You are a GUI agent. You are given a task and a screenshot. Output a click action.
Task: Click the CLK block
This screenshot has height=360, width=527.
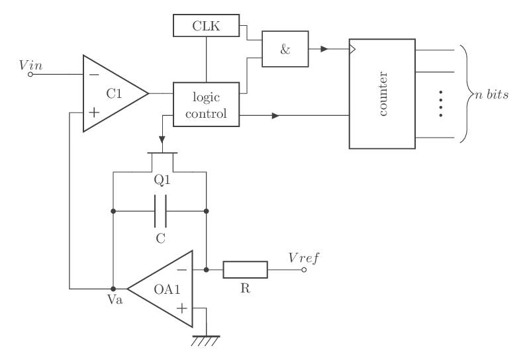tap(206, 26)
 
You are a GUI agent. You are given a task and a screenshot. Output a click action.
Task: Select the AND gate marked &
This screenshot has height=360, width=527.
tap(285, 50)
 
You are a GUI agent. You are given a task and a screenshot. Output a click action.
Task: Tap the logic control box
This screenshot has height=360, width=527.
tap(206, 105)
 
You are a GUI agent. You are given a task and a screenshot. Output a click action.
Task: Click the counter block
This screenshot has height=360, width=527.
tap(382, 93)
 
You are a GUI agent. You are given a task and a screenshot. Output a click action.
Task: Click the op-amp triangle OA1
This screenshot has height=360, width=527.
tap(163, 288)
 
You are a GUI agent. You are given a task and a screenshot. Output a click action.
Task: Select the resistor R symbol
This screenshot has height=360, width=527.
tap(245, 270)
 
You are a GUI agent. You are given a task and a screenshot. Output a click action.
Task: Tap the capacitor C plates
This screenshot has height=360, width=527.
tap(160, 211)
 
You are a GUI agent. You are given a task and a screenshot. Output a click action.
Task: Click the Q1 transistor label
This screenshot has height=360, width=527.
tap(161, 179)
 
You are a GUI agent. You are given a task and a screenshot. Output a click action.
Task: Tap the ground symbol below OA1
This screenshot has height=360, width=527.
tap(206, 340)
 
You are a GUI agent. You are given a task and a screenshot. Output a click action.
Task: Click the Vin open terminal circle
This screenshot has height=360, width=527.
tap(30, 75)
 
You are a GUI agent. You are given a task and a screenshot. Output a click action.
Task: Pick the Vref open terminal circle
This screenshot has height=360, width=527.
tap(305, 270)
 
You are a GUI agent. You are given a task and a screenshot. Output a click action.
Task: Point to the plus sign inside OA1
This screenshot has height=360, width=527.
tap(181, 308)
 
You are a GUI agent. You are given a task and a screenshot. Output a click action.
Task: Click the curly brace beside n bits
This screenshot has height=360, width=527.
tap(464, 93)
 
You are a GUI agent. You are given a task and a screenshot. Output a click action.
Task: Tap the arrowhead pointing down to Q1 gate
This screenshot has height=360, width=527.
tap(161, 140)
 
